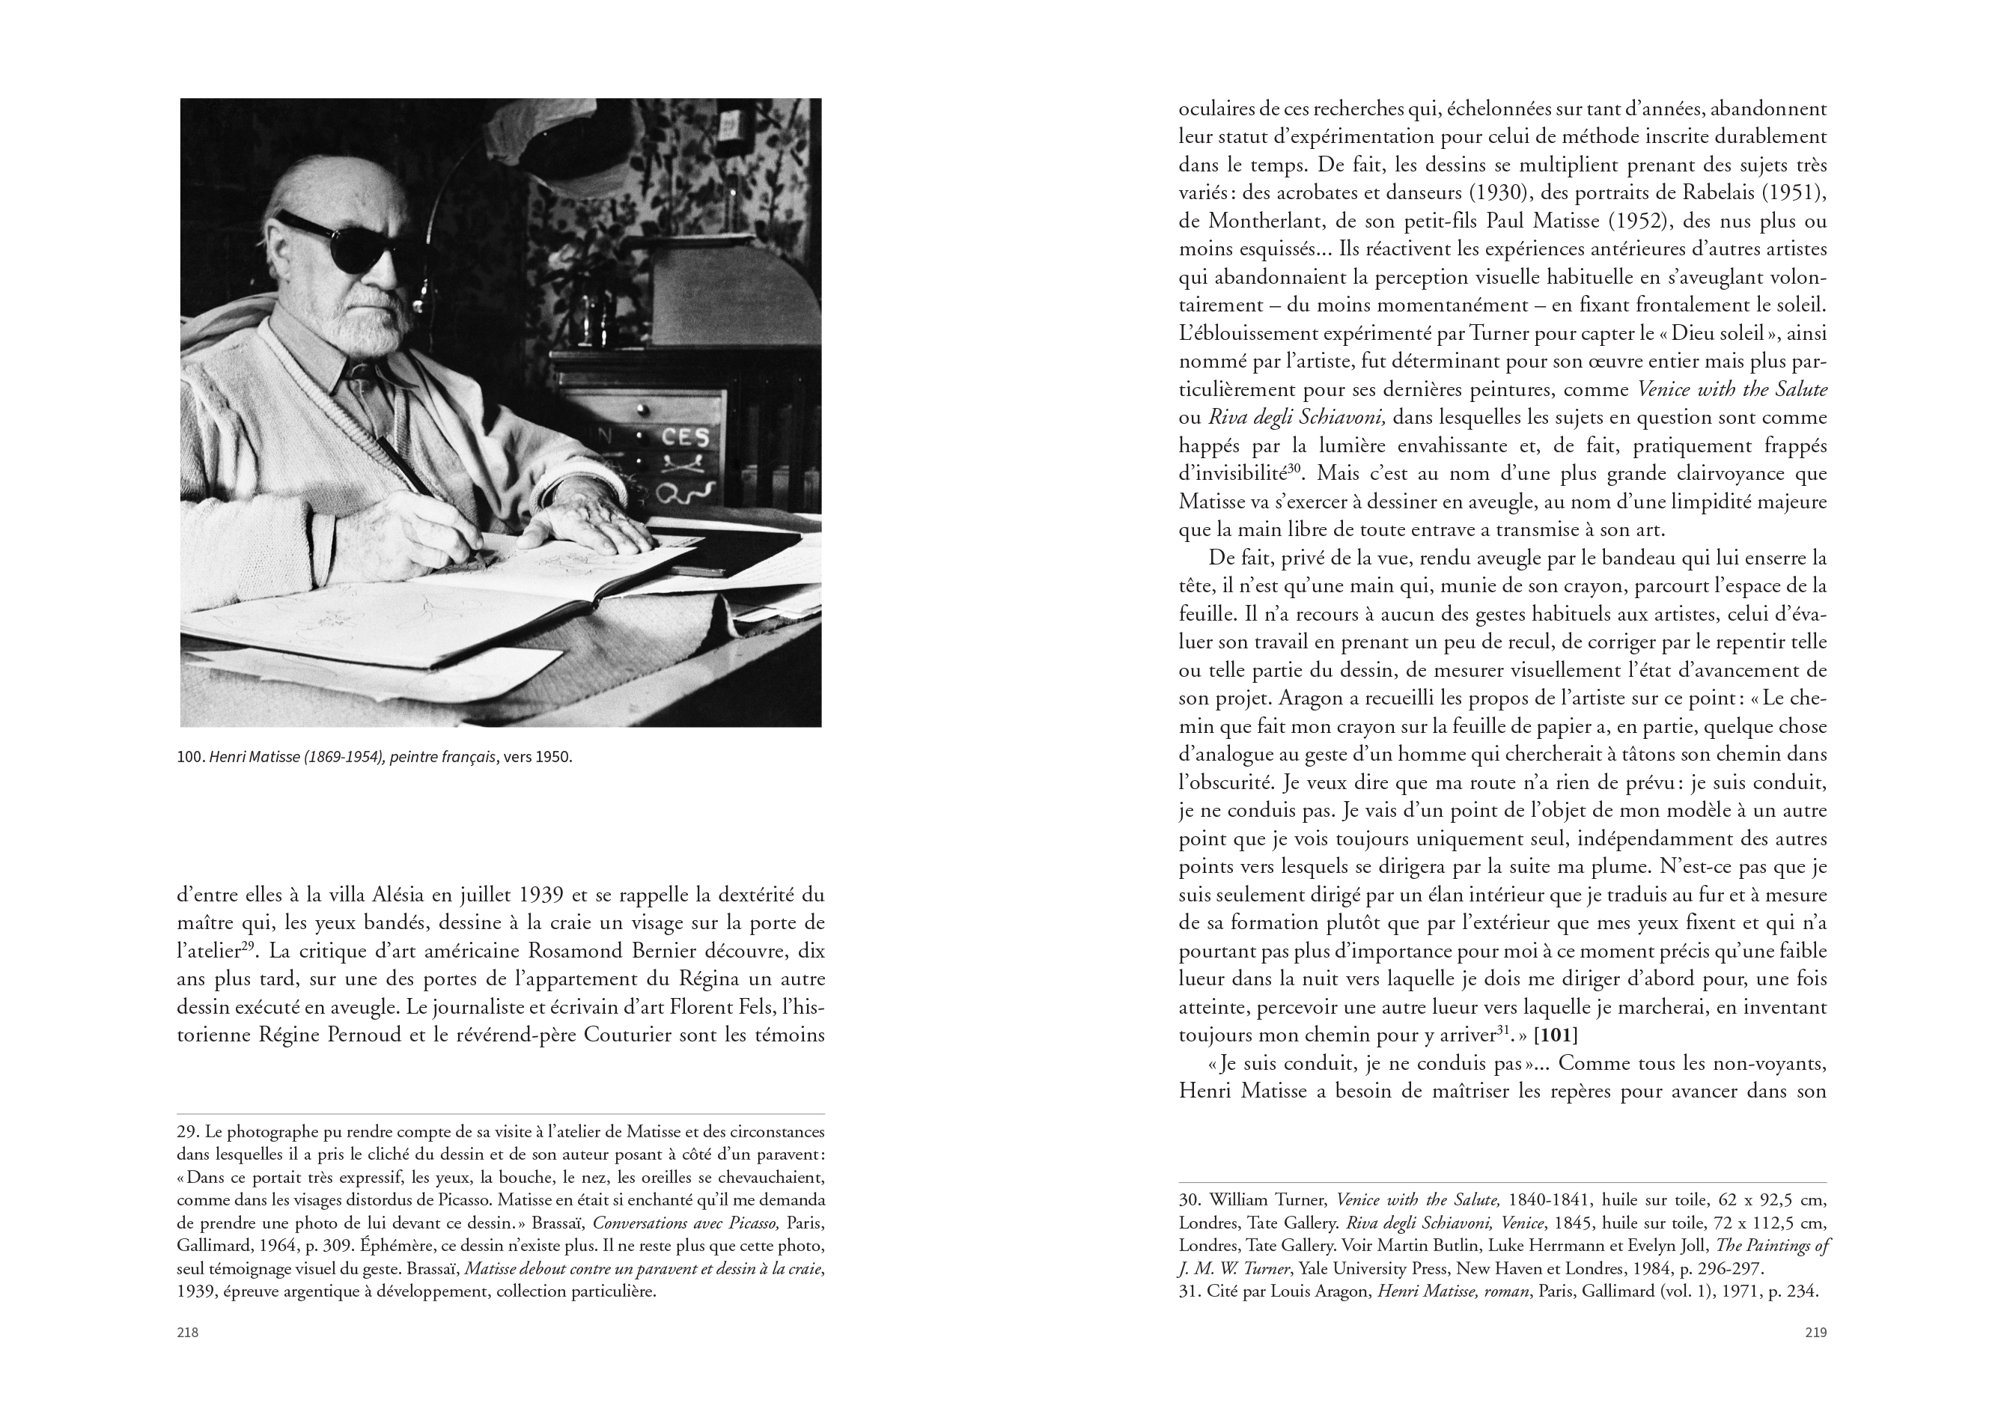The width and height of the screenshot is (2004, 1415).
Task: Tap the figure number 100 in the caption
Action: click(x=189, y=757)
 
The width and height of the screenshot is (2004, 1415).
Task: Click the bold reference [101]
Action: click(x=1556, y=1035)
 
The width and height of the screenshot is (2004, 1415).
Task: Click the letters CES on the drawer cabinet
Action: click(x=684, y=436)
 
